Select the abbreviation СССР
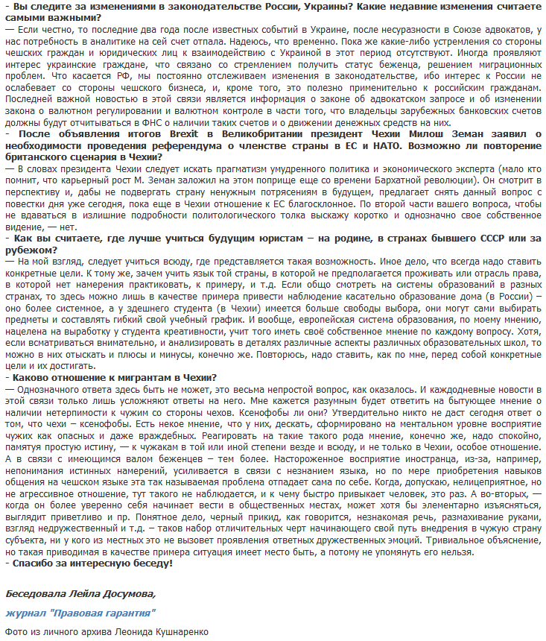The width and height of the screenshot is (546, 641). point(503,238)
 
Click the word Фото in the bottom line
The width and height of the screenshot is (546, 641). point(16,631)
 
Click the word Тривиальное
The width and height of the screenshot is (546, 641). point(445,540)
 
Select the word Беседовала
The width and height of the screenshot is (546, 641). point(35,594)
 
